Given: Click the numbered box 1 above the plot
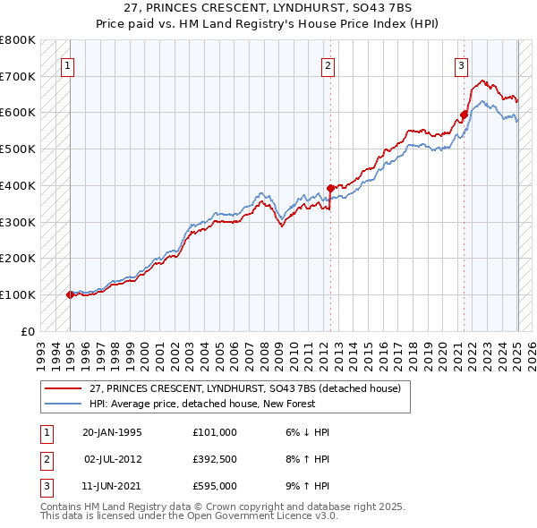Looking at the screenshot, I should (x=68, y=64).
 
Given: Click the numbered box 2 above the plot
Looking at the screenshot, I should (x=328, y=64).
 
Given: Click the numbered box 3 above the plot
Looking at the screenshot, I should (x=461, y=64).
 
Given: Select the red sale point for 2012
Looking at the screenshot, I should (x=330, y=188).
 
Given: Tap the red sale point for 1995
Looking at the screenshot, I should (x=70, y=294).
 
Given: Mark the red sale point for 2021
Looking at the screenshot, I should (x=464, y=115).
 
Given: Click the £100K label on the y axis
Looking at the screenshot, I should (x=19, y=294).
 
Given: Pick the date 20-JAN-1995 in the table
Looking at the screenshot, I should (x=112, y=432).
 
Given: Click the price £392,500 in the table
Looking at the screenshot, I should (x=215, y=459).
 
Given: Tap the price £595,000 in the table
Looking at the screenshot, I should (x=215, y=486).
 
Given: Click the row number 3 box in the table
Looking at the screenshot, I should (x=45, y=486).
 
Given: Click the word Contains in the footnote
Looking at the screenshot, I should (x=62, y=507).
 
